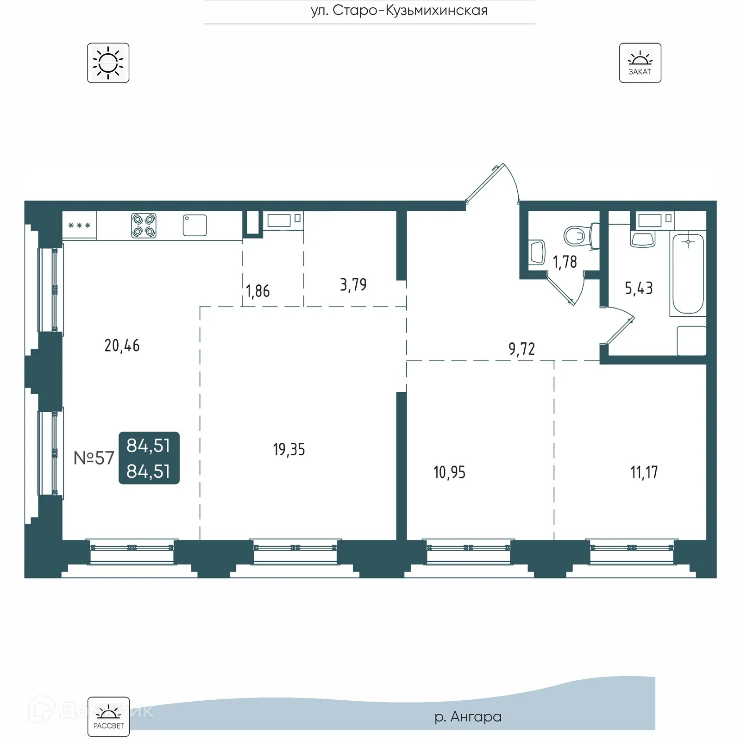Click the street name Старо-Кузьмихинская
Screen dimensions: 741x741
399,10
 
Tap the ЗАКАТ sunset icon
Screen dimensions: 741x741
640,63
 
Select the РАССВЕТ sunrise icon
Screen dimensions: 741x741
108,716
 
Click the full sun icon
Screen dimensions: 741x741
108,63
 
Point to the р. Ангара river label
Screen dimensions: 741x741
468,716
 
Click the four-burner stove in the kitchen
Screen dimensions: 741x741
144,226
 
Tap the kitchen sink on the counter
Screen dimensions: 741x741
195,225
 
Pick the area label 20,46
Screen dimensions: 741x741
122,345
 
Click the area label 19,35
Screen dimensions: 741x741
289,449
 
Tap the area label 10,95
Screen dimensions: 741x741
449,472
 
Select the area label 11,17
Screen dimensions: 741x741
644,472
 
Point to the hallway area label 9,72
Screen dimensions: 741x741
521,349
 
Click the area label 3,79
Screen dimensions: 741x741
353,284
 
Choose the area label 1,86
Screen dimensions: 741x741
258,291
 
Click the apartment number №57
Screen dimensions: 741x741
94,458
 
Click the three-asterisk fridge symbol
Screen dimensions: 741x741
79,226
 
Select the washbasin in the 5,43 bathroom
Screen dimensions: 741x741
643,239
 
